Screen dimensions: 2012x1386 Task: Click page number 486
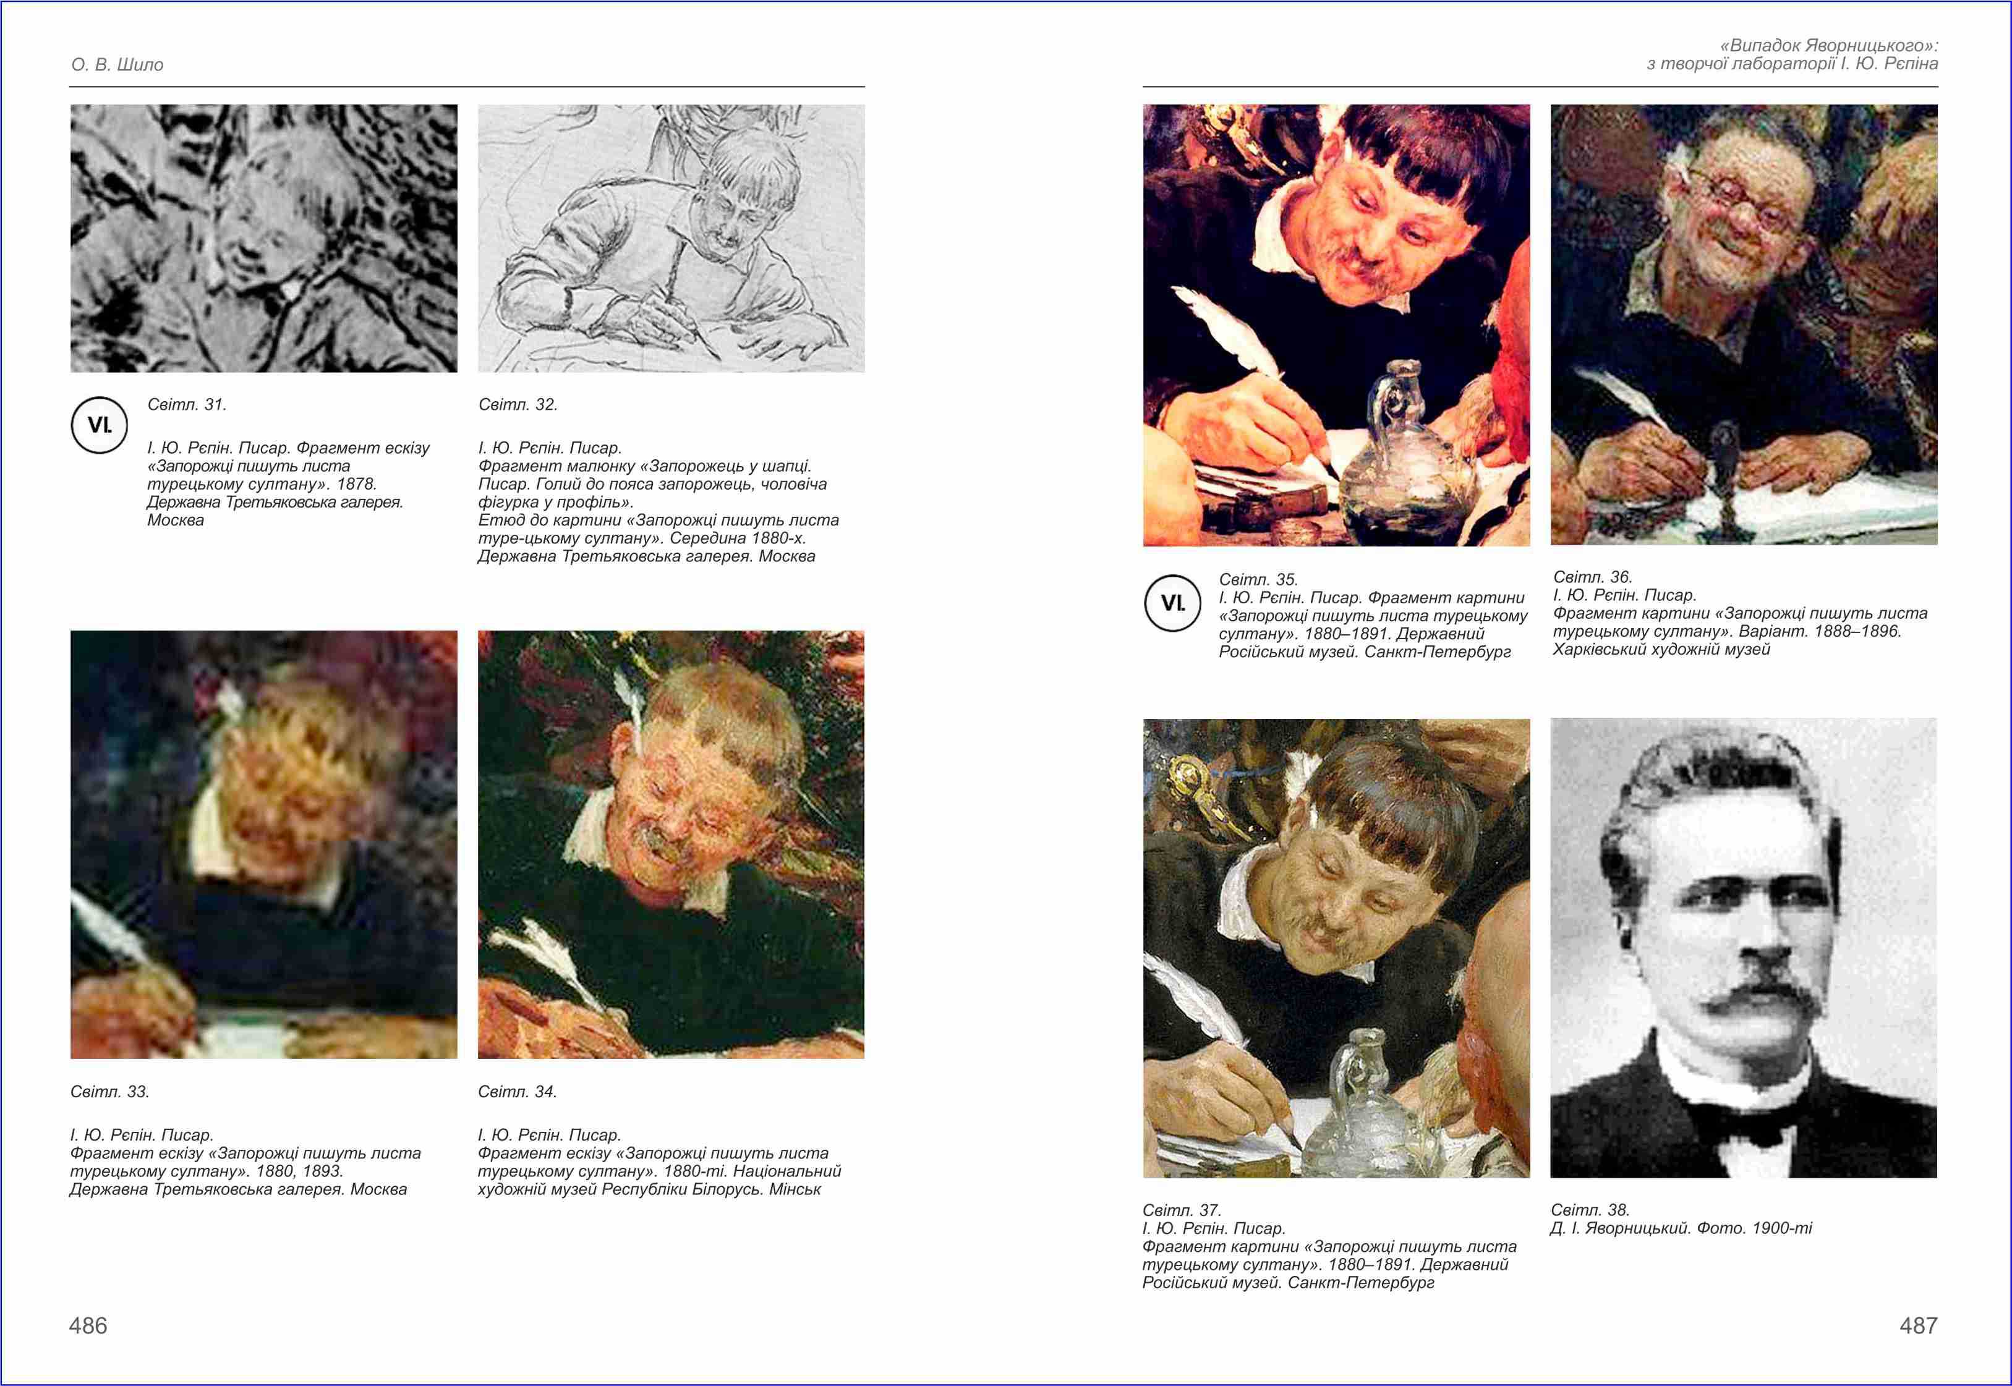point(88,1325)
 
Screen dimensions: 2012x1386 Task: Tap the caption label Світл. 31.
point(187,405)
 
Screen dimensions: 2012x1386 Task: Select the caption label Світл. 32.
point(518,405)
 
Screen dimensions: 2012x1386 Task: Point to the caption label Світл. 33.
point(109,1092)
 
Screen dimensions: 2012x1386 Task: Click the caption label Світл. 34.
point(518,1092)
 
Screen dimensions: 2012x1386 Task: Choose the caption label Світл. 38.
point(1590,1210)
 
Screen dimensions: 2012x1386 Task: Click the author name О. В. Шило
point(117,65)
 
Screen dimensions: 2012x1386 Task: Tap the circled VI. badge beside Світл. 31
point(99,425)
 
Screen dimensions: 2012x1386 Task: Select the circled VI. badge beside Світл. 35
point(1172,603)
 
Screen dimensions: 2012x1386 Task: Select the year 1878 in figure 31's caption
point(359,483)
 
